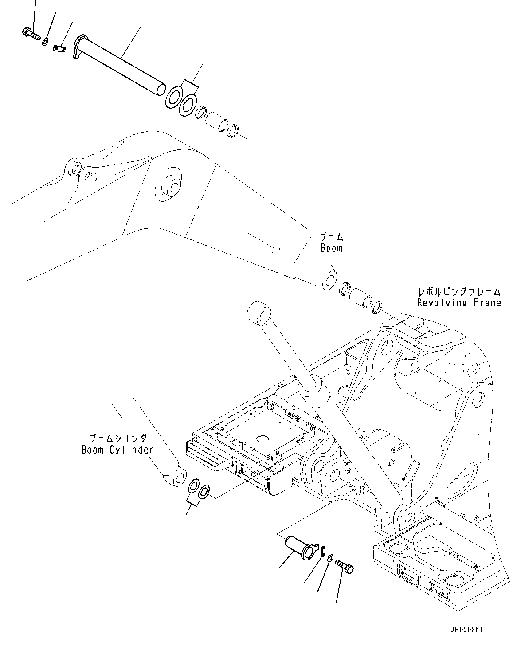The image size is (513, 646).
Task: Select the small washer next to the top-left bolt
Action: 46,42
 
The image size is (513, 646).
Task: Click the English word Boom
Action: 332,248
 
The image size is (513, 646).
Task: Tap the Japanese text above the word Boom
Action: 332,237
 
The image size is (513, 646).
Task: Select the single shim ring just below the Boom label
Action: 329,281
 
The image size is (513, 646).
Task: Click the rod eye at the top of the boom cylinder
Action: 259,313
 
